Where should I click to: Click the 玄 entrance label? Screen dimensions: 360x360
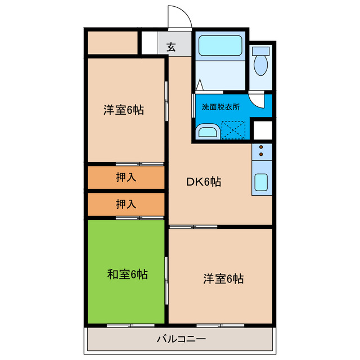pyautogui.click(x=171, y=47)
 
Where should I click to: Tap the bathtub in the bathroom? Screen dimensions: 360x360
pyautogui.click(x=220, y=46)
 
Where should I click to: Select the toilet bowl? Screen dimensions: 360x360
pyautogui.click(x=260, y=65)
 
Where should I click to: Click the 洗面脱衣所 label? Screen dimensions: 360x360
pyautogui.click(x=221, y=107)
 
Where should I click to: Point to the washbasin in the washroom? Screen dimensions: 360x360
pyautogui.click(x=208, y=132)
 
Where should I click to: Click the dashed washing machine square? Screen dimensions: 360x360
pyautogui.click(x=233, y=130)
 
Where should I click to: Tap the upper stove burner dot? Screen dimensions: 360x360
pyautogui.click(x=261, y=147)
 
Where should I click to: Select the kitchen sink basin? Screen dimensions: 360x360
pyautogui.click(x=261, y=182)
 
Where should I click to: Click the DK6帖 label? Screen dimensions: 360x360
pyautogui.click(x=204, y=182)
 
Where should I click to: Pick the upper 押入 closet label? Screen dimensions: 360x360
pyautogui.click(x=126, y=178)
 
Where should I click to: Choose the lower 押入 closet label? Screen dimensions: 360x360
pyautogui.click(x=126, y=204)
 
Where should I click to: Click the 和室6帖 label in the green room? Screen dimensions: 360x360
pyautogui.click(x=128, y=274)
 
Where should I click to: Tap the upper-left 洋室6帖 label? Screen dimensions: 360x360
pyautogui.click(x=124, y=110)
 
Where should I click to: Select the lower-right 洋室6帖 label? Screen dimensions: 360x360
pyautogui.click(x=223, y=279)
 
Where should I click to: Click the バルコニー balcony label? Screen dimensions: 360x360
pyautogui.click(x=181, y=339)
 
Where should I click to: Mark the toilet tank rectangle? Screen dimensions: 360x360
pyautogui.click(x=260, y=51)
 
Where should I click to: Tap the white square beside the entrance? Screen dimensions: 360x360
pyautogui.click(x=150, y=43)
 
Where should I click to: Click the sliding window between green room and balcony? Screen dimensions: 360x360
pyautogui.click(x=130, y=326)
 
